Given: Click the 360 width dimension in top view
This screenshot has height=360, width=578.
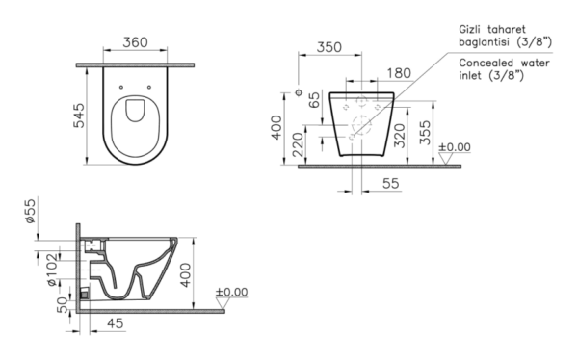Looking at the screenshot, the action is pyautogui.click(x=135, y=42).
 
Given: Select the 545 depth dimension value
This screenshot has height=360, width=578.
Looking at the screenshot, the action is pyautogui.click(x=79, y=116).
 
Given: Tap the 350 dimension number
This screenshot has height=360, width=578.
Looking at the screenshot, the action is pyautogui.click(x=329, y=47).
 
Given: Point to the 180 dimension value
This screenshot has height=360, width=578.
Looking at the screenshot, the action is pyautogui.click(x=399, y=73).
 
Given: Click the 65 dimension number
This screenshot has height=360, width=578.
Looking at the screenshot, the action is pyautogui.click(x=314, y=100).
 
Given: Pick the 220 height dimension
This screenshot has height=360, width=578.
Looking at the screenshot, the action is pyautogui.click(x=298, y=144).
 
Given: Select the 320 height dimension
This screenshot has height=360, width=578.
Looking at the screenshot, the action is pyautogui.click(x=399, y=136).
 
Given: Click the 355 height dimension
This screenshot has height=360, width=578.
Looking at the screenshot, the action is pyautogui.click(x=425, y=133).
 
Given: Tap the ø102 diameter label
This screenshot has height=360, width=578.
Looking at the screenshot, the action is pyautogui.click(x=52, y=269).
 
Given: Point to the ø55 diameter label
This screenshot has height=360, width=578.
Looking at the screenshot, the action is pyautogui.click(x=30, y=211).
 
